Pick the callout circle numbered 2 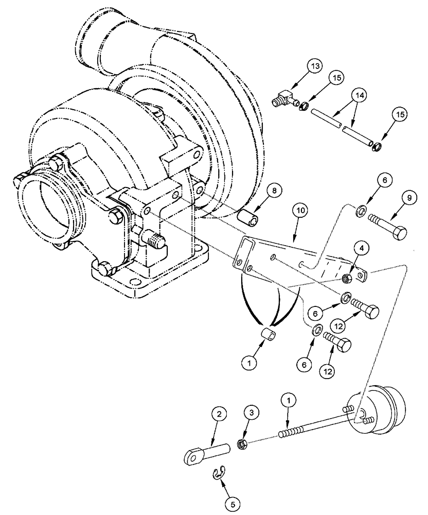pos(219,415)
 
